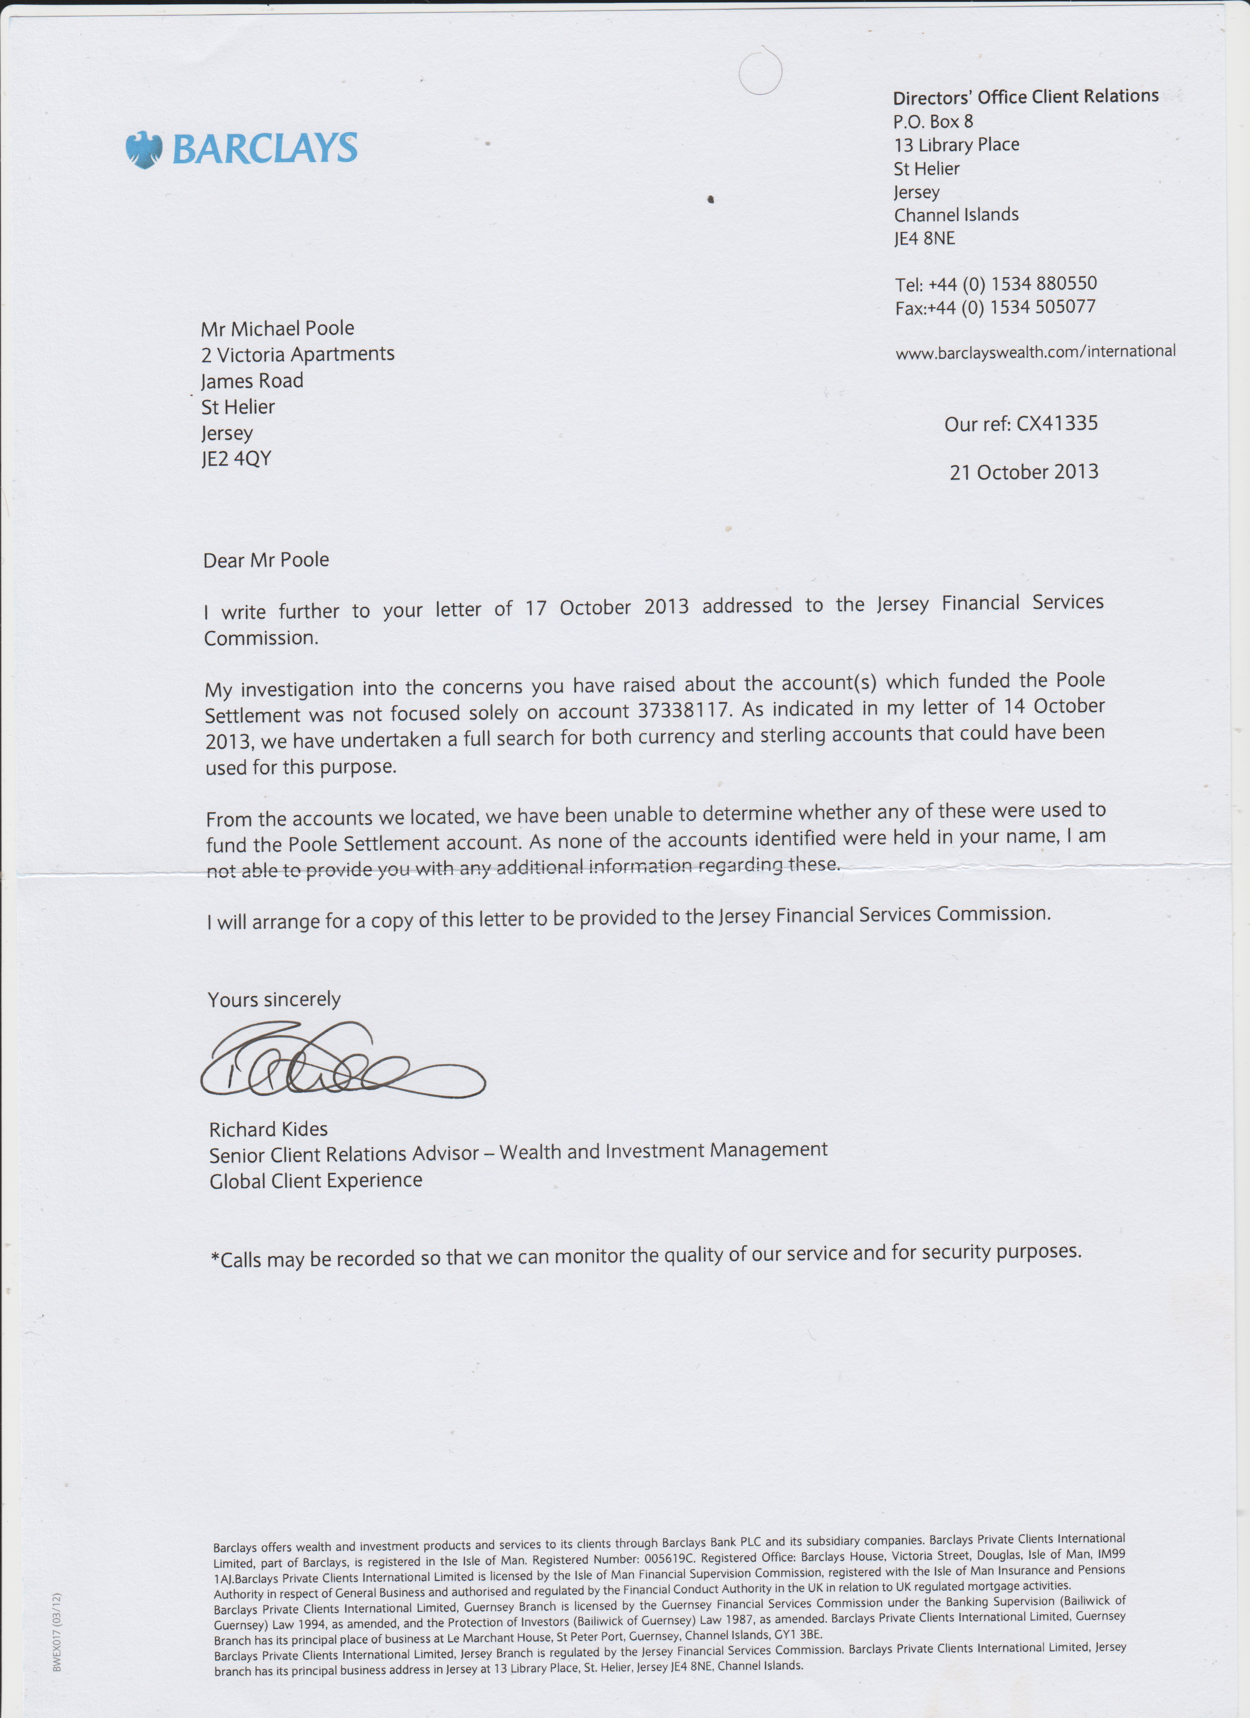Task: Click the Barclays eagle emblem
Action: click(x=144, y=149)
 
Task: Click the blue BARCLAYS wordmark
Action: click(x=264, y=148)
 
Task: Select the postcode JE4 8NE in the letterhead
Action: click(x=924, y=239)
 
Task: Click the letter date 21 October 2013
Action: click(x=1024, y=472)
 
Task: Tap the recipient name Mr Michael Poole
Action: click(x=277, y=328)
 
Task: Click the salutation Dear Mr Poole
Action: click(x=266, y=560)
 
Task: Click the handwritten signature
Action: click(x=341, y=1060)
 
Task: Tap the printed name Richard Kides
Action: click(x=268, y=1129)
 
